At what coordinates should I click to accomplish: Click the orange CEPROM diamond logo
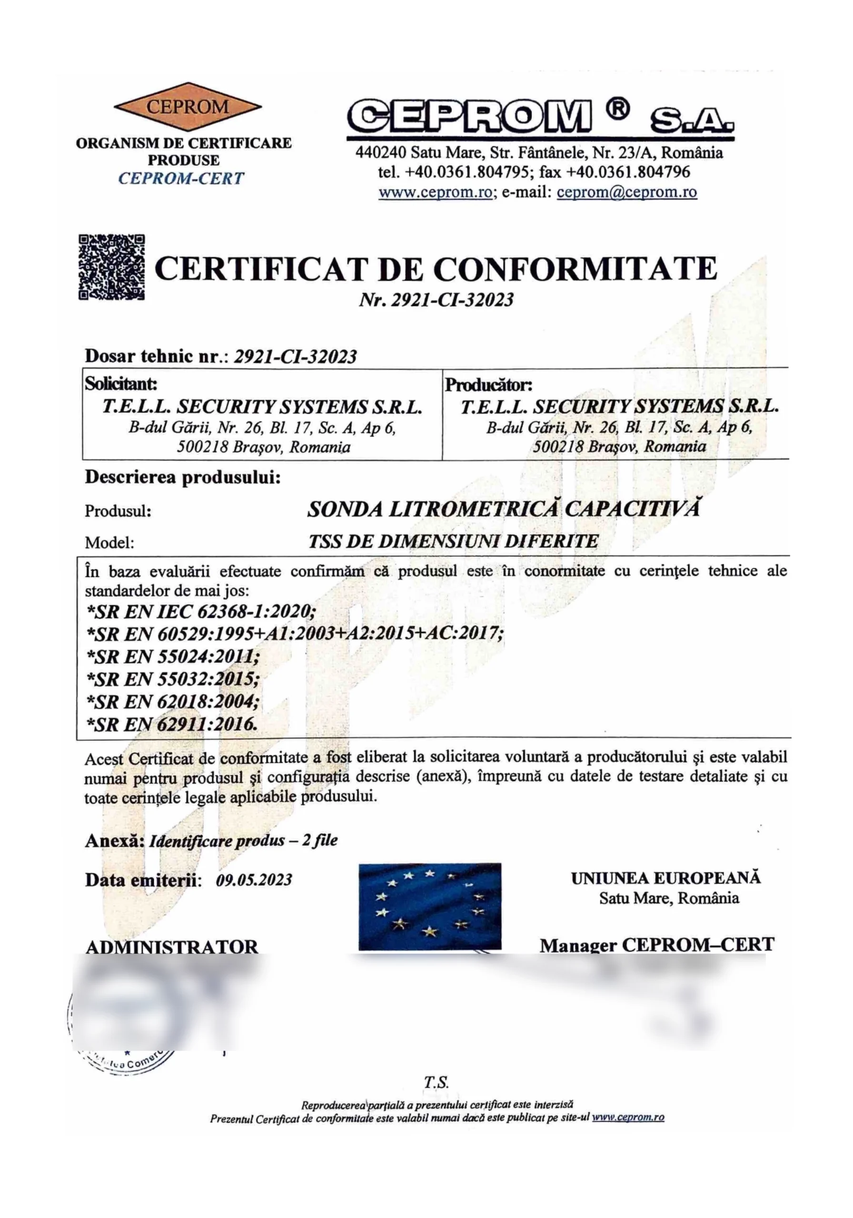click(187, 107)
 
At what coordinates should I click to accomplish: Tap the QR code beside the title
click(111, 267)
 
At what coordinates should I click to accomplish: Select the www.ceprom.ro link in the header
click(435, 192)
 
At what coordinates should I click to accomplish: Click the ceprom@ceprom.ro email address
click(626, 192)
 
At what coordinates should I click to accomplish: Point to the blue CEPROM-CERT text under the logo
click(181, 178)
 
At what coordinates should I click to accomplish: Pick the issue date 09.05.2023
click(254, 880)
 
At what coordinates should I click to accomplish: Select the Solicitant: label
click(120, 383)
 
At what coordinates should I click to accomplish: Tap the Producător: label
click(488, 384)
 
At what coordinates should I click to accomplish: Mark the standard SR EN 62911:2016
click(172, 724)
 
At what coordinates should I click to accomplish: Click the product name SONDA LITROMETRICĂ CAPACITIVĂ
click(503, 509)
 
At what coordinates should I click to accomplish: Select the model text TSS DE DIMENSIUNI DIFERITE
click(453, 541)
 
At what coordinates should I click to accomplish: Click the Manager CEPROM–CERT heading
click(656, 945)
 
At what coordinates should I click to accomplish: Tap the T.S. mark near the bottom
click(436, 1082)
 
